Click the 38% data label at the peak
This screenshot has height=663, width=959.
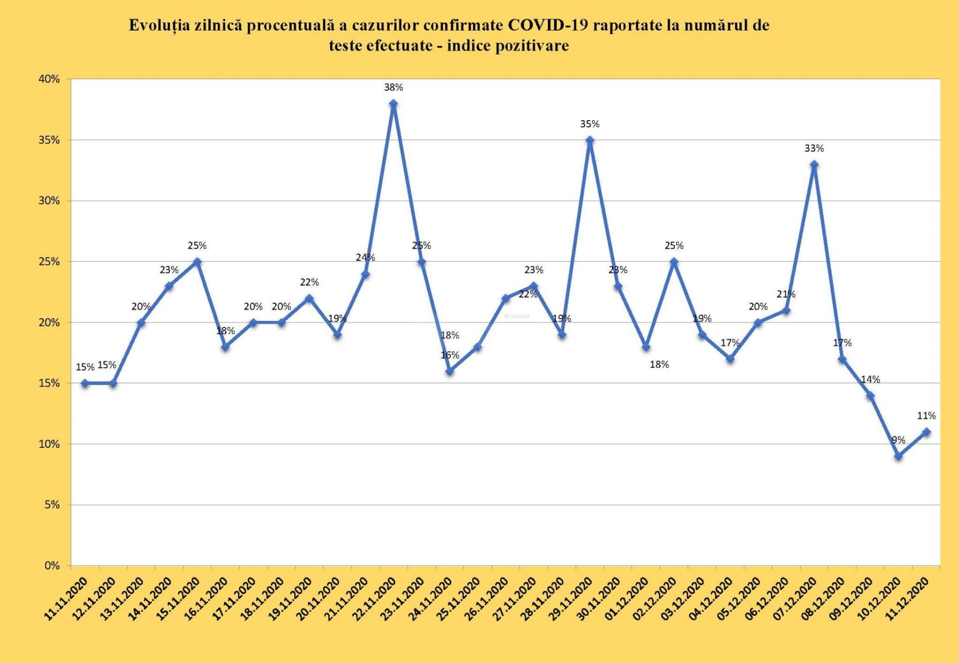(x=393, y=87)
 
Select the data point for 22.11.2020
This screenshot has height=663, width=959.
(x=393, y=104)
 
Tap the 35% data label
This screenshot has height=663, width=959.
(x=589, y=124)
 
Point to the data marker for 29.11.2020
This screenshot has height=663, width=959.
(x=590, y=140)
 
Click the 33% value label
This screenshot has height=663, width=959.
(x=814, y=148)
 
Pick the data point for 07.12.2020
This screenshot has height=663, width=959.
(x=814, y=165)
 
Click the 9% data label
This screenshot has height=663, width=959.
(x=898, y=440)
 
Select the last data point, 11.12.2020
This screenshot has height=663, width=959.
(x=927, y=432)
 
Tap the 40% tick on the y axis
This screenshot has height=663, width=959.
(x=49, y=79)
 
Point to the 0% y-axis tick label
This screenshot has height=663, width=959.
(x=52, y=566)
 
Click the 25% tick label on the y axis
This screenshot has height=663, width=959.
(x=49, y=262)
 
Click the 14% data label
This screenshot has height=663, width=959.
(x=870, y=379)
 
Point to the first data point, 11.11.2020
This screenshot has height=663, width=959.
(x=85, y=383)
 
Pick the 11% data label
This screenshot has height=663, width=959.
(x=926, y=415)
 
